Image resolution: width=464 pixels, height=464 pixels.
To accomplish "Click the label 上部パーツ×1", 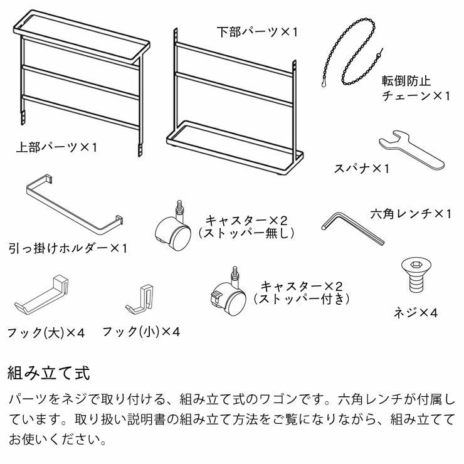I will tap(57, 149).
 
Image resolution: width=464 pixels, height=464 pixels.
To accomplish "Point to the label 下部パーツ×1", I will tap(257, 31).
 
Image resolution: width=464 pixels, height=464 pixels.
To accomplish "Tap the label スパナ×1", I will tap(362, 169).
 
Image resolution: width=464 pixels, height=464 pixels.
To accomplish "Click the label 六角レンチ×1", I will tap(411, 214).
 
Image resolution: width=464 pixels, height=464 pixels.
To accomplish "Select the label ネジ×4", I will tap(415, 312).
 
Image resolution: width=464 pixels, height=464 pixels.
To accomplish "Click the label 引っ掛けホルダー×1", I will tap(68, 248).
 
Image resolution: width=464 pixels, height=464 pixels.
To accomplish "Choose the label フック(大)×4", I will tap(46, 332).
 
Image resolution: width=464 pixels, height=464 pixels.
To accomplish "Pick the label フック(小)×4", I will tap(141, 331).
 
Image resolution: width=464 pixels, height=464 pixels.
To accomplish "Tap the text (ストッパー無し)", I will tap(246, 233).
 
